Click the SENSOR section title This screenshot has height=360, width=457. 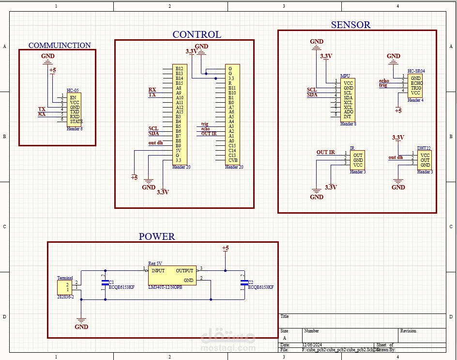(350, 25)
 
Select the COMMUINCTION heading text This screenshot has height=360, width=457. (60, 46)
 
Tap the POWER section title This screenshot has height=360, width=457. (157, 237)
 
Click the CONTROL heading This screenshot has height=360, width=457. (197, 34)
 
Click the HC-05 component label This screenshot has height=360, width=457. (73, 91)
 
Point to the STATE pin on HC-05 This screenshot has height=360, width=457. (76, 122)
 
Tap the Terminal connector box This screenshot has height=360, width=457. (64, 286)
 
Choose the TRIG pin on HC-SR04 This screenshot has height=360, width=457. (416, 88)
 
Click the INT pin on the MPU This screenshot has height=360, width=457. (347, 117)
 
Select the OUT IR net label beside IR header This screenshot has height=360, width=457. (325, 153)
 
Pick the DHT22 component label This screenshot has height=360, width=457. (424, 148)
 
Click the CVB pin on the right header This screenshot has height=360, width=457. (233, 160)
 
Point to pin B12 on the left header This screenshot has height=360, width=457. (179, 69)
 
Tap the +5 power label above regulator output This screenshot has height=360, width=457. (225, 248)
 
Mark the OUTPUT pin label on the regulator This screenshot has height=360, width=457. (184, 271)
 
